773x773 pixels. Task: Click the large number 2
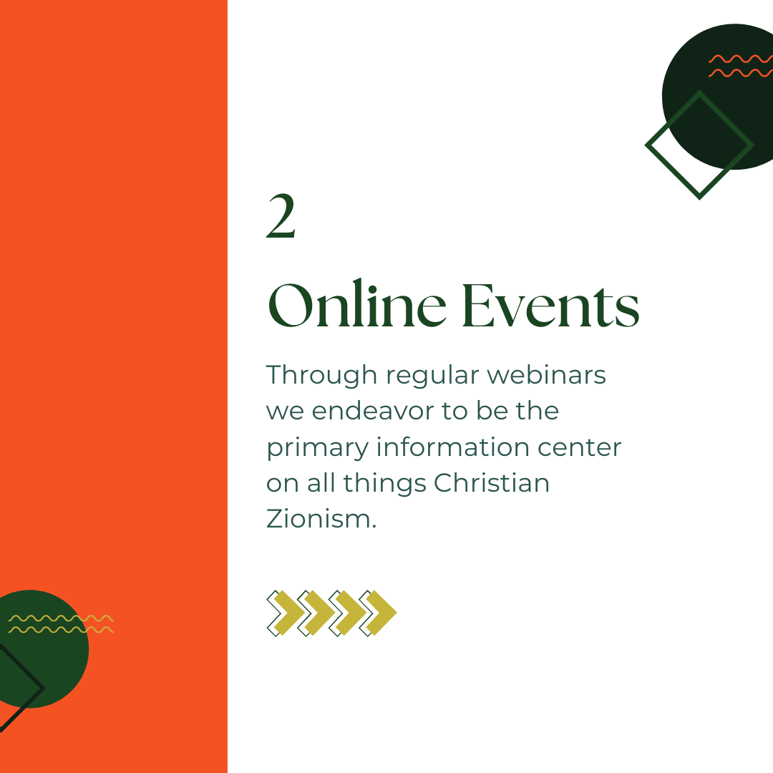[281, 216]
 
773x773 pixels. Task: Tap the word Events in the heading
[550, 306]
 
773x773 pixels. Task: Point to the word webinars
[546, 374]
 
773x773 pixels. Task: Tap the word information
[452, 447]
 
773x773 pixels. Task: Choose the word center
[579, 448]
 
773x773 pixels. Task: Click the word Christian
[492, 482]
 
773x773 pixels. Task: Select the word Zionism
[321, 519]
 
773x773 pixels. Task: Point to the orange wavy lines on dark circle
[741, 66]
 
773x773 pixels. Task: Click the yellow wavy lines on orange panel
[61, 624]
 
